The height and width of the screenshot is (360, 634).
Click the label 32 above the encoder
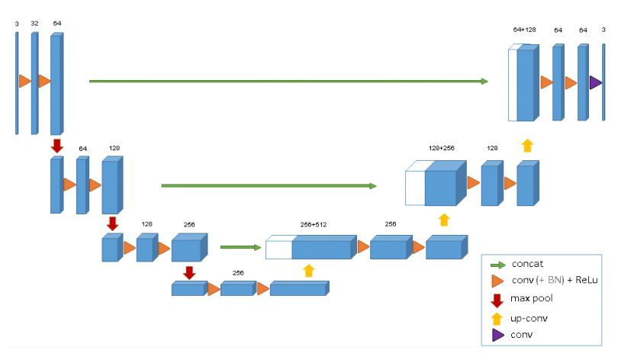click(x=34, y=24)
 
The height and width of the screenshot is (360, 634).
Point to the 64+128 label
click(x=524, y=30)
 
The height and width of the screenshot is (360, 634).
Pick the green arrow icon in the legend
click(x=497, y=265)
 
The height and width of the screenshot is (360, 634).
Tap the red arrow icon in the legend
click(x=497, y=299)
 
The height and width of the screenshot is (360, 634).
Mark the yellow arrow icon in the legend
click(x=497, y=317)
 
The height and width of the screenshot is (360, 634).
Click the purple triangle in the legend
click(x=497, y=334)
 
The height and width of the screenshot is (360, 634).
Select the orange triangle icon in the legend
click(x=497, y=281)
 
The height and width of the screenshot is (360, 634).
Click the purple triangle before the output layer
click(x=596, y=82)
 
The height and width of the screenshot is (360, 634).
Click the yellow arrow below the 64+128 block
click(x=527, y=146)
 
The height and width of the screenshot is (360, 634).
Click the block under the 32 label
click(x=34, y=82)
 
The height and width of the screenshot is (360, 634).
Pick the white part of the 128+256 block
click(x=415, y=188)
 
